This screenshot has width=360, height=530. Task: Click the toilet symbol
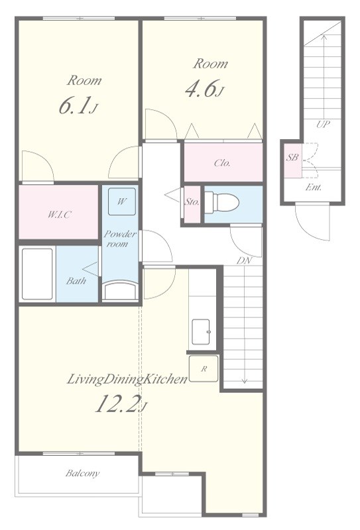(x=221, y=203)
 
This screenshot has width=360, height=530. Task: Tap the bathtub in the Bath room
(x=37, y=274)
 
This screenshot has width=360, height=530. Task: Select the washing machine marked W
(x=122, y=202)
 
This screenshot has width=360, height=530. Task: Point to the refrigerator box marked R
(x=204, y=369)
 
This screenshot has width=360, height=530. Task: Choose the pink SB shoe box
(x=292, y=160)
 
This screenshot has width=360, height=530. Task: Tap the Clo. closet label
(x=222, y=163)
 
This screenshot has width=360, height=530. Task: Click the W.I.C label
(x=59, y=214)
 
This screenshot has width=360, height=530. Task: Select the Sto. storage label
(x=192, y=202)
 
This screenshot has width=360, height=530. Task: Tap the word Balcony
(x=83, y=473)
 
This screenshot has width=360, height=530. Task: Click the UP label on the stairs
(x=323, y=124)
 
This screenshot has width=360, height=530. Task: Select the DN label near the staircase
(x=244, y=260)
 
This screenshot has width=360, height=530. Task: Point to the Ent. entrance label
(x=314, y=187)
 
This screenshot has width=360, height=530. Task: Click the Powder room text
(x=120, y=238)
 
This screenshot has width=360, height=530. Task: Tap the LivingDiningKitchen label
(x=127, y=379)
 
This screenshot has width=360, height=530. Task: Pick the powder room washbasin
(x=120, y=290)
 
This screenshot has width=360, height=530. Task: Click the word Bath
(x=76, y=280)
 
